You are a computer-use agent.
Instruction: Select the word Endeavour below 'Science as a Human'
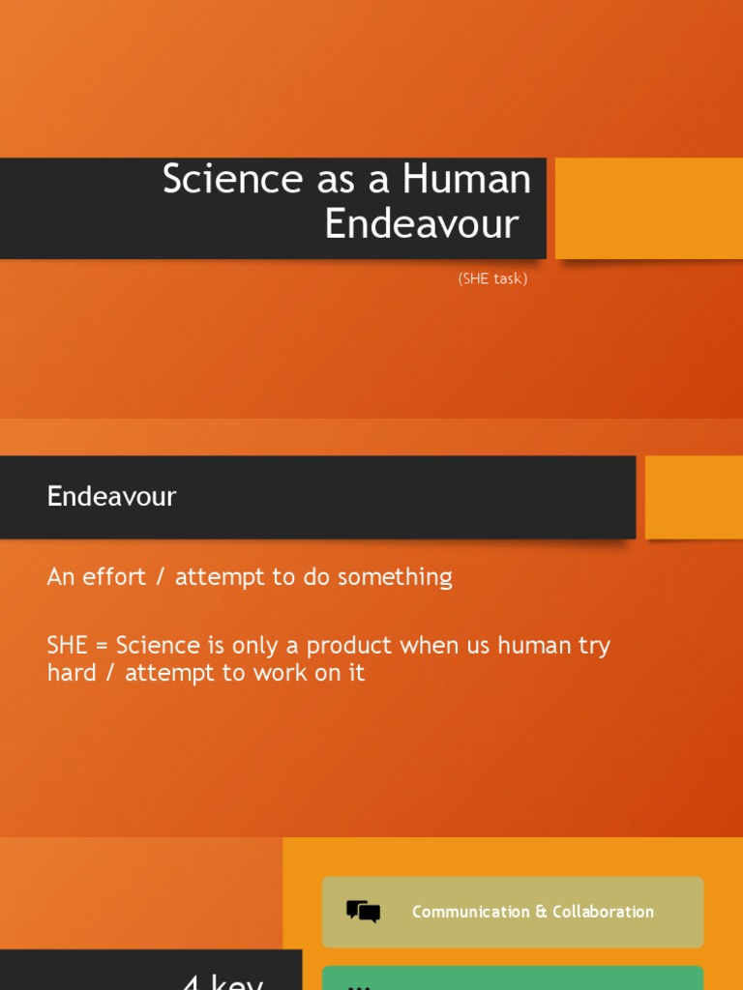(422, 224)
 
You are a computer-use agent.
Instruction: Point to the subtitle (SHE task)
(492, 279)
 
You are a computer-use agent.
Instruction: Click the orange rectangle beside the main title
(648, 208)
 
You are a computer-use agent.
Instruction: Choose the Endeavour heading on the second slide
(111, 497)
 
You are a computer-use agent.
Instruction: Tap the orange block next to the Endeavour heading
(694, 497)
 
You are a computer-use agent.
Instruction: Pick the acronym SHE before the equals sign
(68, 646)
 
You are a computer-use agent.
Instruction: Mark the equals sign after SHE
(103, 647)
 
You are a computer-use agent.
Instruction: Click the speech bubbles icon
(363, 912)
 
